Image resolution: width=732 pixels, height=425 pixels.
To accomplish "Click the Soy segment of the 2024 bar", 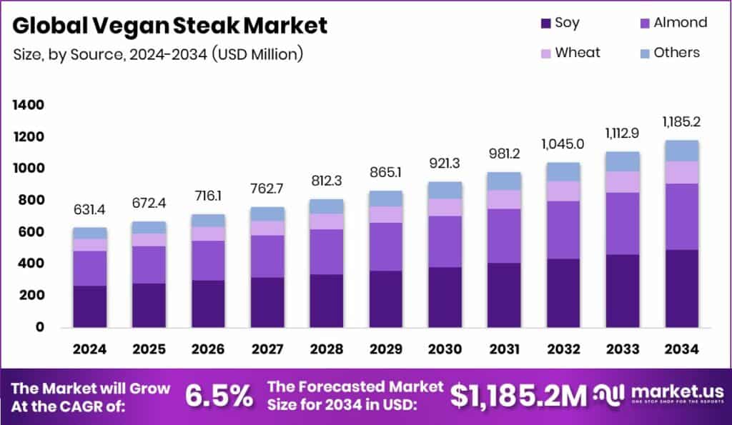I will [x=90, y=306].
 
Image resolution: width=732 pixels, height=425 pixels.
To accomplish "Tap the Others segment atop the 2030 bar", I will [x=445, y=190].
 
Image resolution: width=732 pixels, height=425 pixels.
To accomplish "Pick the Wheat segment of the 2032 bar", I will [x=563, y=191].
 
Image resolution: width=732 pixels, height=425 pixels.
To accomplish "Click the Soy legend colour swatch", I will [x=545, y=23].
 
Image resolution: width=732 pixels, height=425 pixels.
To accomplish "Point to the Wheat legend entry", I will [x=570, y=53].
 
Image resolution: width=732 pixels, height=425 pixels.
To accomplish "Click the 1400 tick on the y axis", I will [x=28, y=105].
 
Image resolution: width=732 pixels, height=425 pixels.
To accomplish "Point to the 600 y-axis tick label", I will [x=31, y=232].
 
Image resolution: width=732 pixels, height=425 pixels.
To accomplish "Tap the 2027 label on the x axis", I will [x=267, y=349].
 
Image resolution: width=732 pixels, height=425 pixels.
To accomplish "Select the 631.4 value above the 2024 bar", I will [x=90, y=209].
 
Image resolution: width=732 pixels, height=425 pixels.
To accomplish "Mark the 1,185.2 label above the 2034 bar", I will [x=681, y=121].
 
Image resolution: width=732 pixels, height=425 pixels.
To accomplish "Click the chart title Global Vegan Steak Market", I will [x=170, y=26].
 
